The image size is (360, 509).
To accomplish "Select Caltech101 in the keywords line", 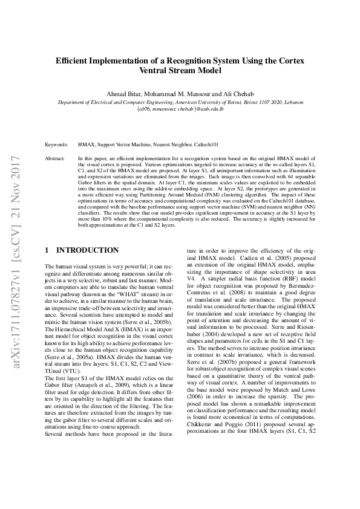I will [207, 145].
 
